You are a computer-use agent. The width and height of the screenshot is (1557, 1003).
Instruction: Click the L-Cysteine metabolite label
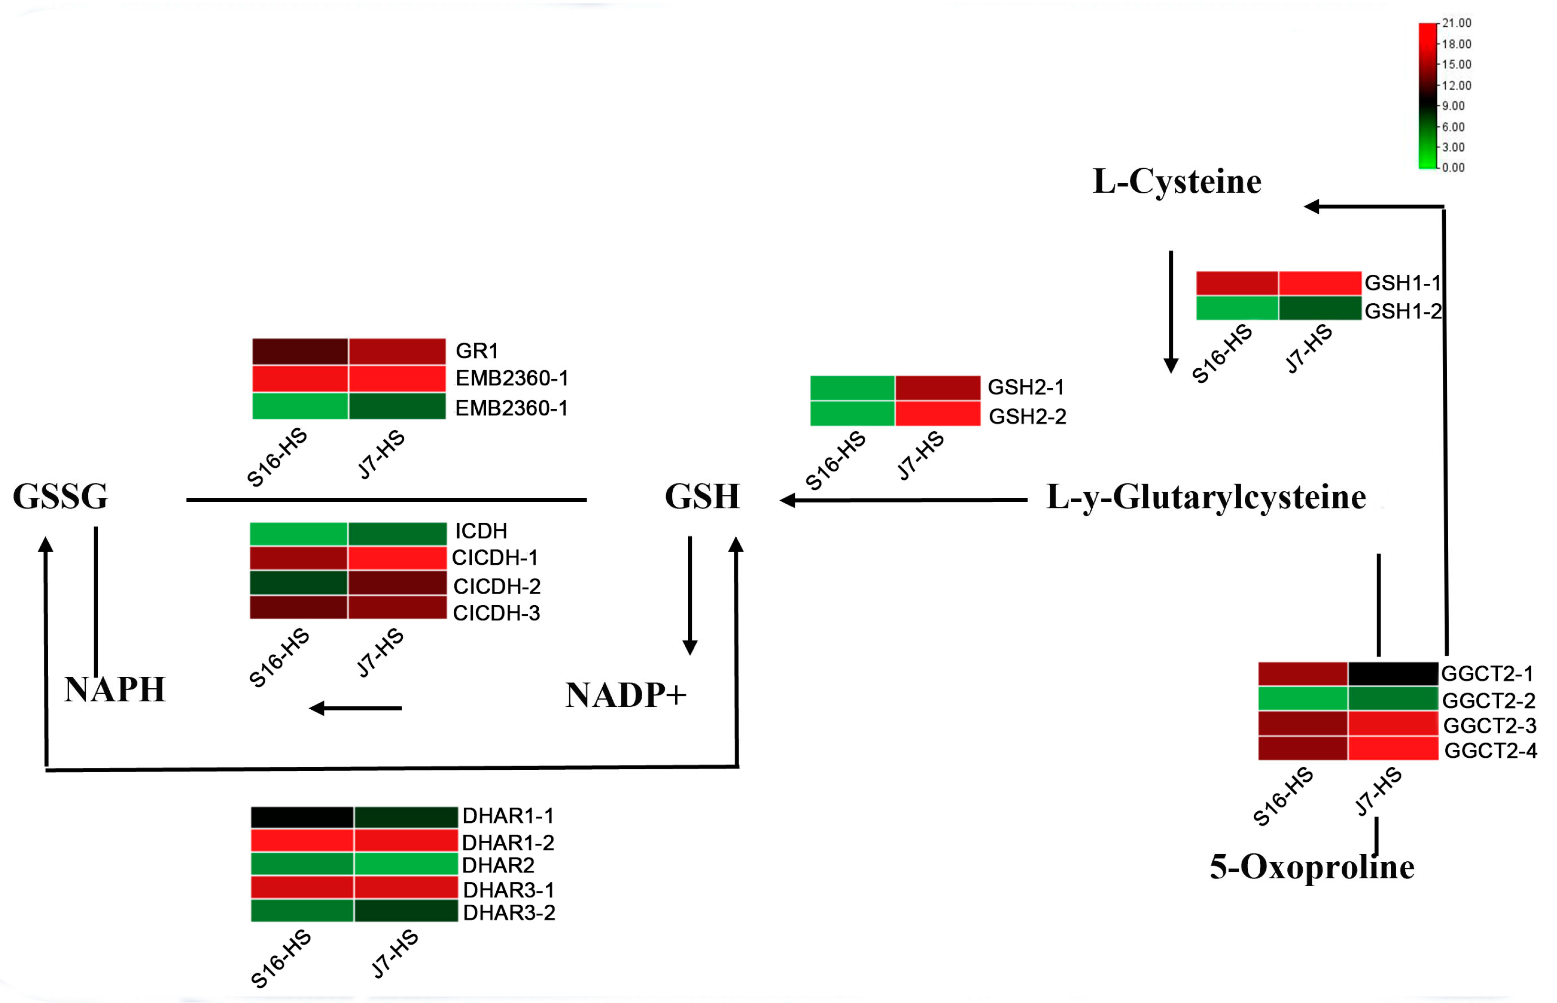pos(1177,181)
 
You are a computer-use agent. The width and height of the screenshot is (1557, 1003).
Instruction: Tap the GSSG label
pos(60,496)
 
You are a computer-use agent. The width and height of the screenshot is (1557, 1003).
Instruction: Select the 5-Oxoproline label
pos(1311,868)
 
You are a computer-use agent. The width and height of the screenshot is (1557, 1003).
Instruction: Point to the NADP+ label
pos(626,695)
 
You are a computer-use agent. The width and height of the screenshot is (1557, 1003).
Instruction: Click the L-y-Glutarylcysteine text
pos(1206,497)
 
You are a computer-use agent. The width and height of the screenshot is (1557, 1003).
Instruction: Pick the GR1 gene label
pos(477,351)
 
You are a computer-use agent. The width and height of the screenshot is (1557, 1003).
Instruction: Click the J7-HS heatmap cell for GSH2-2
pos(938,414)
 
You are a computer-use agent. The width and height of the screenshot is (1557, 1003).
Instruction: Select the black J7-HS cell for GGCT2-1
pos(1392,674)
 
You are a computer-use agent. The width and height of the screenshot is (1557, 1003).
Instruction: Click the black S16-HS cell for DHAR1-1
pos(302,817)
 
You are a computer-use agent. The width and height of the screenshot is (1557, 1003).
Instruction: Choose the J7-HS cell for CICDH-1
pos(397,558)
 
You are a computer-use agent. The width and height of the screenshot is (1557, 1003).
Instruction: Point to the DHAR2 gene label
pos(498,866)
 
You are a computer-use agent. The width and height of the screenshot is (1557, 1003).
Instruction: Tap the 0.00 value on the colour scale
pos(1453,167)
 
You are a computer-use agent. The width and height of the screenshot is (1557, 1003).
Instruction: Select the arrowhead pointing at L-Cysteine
pos(1311,207)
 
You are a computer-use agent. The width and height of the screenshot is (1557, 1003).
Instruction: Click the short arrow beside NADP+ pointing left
pos(355,708)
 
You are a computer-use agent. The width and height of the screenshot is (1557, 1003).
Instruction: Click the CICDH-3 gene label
pos(496,613)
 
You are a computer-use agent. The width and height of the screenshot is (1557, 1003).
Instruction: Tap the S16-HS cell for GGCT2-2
pos(1302,699)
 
